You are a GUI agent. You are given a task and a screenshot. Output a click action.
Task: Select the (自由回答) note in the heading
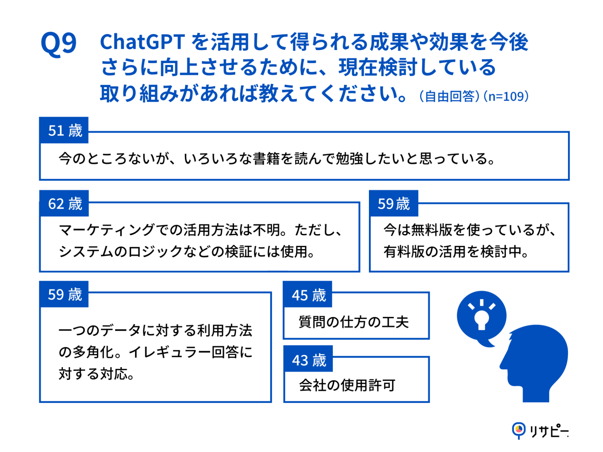[449, 96]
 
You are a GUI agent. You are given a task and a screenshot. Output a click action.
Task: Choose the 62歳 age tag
[64, 203]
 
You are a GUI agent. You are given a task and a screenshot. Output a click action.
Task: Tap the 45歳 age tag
[308, 295]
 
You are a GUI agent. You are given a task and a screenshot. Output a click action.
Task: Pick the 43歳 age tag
[308, 359]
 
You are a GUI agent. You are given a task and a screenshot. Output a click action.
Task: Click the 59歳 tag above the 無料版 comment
[393, 203]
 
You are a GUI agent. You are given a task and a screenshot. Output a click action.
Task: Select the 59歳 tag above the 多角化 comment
[64, 294]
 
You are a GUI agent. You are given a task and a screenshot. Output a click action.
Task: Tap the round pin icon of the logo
[519, 429]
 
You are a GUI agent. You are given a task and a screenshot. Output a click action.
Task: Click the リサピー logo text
[549, 431]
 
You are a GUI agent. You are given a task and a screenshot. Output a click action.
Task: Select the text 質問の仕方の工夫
[354, 322]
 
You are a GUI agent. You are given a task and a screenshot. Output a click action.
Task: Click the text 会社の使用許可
[347, 385]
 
